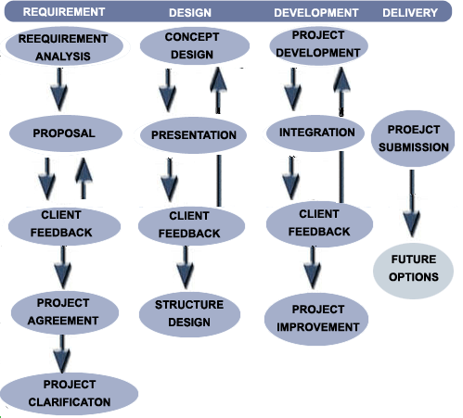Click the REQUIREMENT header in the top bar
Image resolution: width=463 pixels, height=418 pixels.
[64, 12]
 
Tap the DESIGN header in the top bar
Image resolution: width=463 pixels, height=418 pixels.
[190, 13]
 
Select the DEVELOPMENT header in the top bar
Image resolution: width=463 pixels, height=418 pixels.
[316, 13]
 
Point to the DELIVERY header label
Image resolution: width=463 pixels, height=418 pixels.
[410, 13]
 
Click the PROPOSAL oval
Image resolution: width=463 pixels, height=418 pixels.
[66, 133]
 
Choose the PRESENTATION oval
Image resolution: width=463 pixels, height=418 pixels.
[193, 135]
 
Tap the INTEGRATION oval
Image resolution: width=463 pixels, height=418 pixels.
[315, 133]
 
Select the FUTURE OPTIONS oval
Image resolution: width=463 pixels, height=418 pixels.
[414, 271]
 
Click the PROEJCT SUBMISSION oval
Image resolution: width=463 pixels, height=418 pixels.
[413, 138]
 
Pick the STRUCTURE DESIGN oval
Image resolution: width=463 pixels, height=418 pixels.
[189, 314]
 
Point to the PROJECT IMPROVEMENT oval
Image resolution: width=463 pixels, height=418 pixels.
[316, 319]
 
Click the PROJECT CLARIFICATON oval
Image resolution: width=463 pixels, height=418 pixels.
[70, 394]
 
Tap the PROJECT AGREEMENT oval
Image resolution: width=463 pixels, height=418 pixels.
[65, 312]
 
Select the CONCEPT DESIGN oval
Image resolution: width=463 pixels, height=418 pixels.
[195, 45]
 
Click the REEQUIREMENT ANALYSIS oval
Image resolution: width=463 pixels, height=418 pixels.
[64, 46]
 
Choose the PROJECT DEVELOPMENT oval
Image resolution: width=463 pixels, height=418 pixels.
[319, 45]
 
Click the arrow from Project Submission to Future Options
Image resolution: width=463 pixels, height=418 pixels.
[412, 203]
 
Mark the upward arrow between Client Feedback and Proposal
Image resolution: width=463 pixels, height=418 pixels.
[84, 178]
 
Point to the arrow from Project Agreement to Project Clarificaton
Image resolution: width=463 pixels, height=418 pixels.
[62, 354]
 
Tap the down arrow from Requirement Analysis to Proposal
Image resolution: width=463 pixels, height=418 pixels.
[59, 89]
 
